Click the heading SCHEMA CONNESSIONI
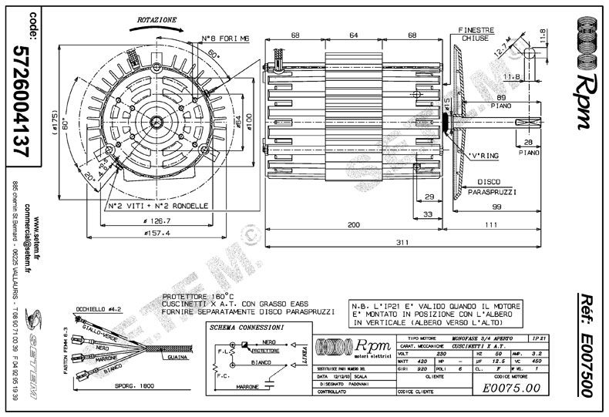pyautogui.click(x=247, y=328)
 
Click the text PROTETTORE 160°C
pyautogui.click(x=193, y=296)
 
